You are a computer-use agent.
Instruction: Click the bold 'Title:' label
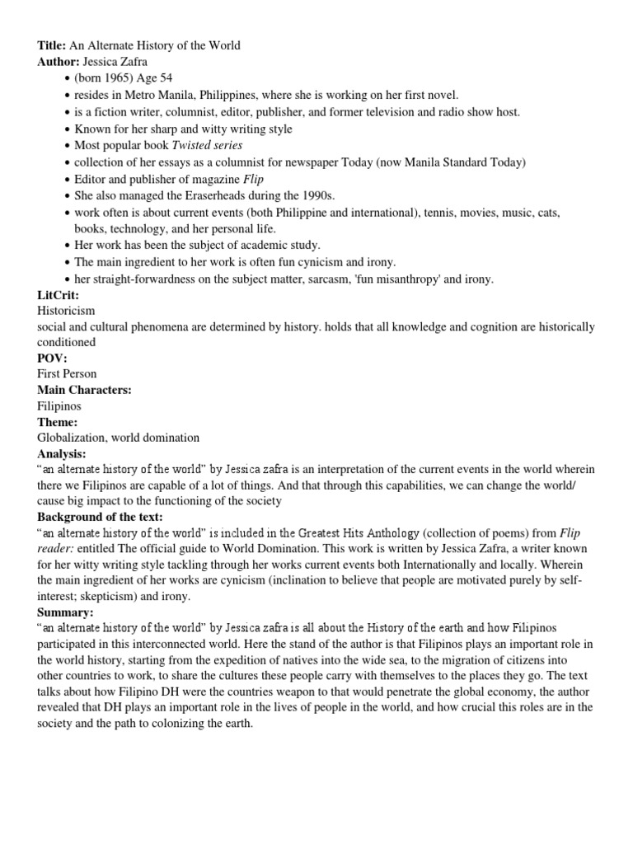pyautogui.click(x=51, y=45)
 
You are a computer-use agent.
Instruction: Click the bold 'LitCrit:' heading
pyautogui.click(x=59, y=295)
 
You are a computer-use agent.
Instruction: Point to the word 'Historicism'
pyautogui.click(x=66, y=312)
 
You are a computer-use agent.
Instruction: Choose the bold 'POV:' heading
pyautogui.click(x=52, y=359)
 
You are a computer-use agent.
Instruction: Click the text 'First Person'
pyautogui.click(x=67, y=374)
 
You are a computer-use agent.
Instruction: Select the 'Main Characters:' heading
pyautogui.click(x=85, y=390)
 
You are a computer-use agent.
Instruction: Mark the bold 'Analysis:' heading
pyautogui.click(x=62, y=454)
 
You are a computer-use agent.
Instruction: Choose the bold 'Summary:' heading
pyautogui.click(x=65, y=612)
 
